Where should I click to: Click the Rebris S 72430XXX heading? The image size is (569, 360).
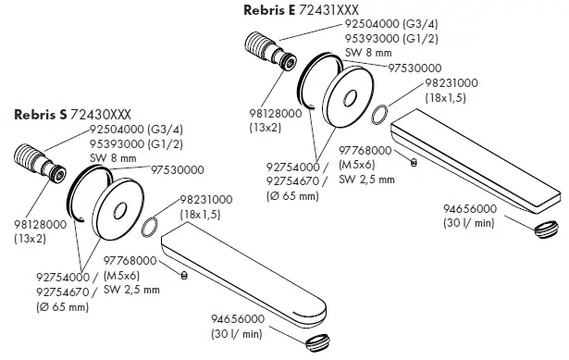pos(72,115)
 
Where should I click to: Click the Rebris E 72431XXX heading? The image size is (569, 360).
pos(302,10)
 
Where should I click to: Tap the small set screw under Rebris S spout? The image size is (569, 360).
pos(184,276)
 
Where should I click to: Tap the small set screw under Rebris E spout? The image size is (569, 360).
pos(414,162)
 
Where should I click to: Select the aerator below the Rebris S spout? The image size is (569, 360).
pos(317,343)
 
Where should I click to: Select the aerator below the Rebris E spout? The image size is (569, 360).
pos(546,230)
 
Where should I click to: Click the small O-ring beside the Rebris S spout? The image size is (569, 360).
pos(150,227)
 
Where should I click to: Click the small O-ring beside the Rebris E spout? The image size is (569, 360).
pos(380,115)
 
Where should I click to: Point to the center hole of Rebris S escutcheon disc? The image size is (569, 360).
pos(119,211)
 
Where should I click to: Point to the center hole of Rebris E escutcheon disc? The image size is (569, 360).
pos(350,98)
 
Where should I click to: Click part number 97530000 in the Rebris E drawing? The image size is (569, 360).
pos(414,68)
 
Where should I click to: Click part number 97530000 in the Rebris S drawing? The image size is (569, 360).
pos(178,170)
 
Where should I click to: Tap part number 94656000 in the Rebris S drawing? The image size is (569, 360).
pos(238,319)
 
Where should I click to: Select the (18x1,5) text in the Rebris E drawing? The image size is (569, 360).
pos(445,98)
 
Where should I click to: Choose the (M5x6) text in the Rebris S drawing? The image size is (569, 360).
pos(121,276)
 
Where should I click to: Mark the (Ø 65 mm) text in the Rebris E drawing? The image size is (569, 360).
pos(293,196)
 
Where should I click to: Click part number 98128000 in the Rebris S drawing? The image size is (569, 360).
pos(41,224)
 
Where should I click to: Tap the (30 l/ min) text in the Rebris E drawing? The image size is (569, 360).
pos(469,223)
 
